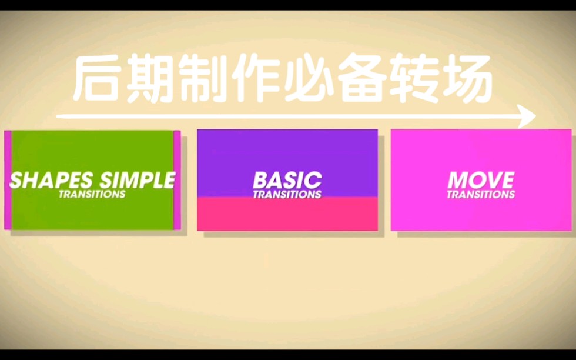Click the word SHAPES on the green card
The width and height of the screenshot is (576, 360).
pos(52,180)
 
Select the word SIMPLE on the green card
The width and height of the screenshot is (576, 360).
pos(138,180)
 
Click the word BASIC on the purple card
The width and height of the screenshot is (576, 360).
pos(287,180)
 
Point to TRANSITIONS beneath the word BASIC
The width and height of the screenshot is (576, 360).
pos(287,194)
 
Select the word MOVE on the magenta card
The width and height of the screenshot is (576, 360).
pos(481,180)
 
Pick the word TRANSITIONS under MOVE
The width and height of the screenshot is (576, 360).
pos(481,194)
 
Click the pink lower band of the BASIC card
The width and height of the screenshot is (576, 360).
pos(287,214)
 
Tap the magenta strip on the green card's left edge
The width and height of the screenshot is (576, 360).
pos(8,179)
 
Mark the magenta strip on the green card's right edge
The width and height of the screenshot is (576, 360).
pos(177,179)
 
